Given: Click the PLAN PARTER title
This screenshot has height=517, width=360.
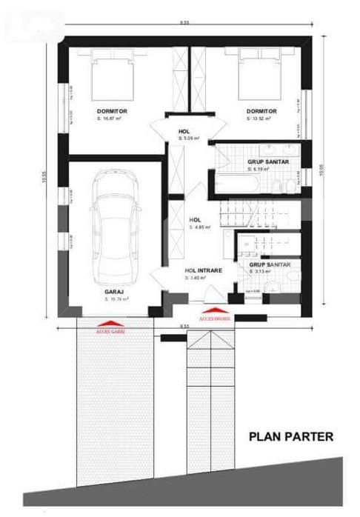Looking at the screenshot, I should point(290,437).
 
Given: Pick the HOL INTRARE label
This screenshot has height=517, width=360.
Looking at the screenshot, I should point(201,270).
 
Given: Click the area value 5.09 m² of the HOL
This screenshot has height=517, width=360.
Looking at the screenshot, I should point(190,138).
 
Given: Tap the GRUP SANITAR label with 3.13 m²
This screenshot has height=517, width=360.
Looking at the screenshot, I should point(269,264).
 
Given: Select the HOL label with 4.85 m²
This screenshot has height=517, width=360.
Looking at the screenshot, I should point(196,219).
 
